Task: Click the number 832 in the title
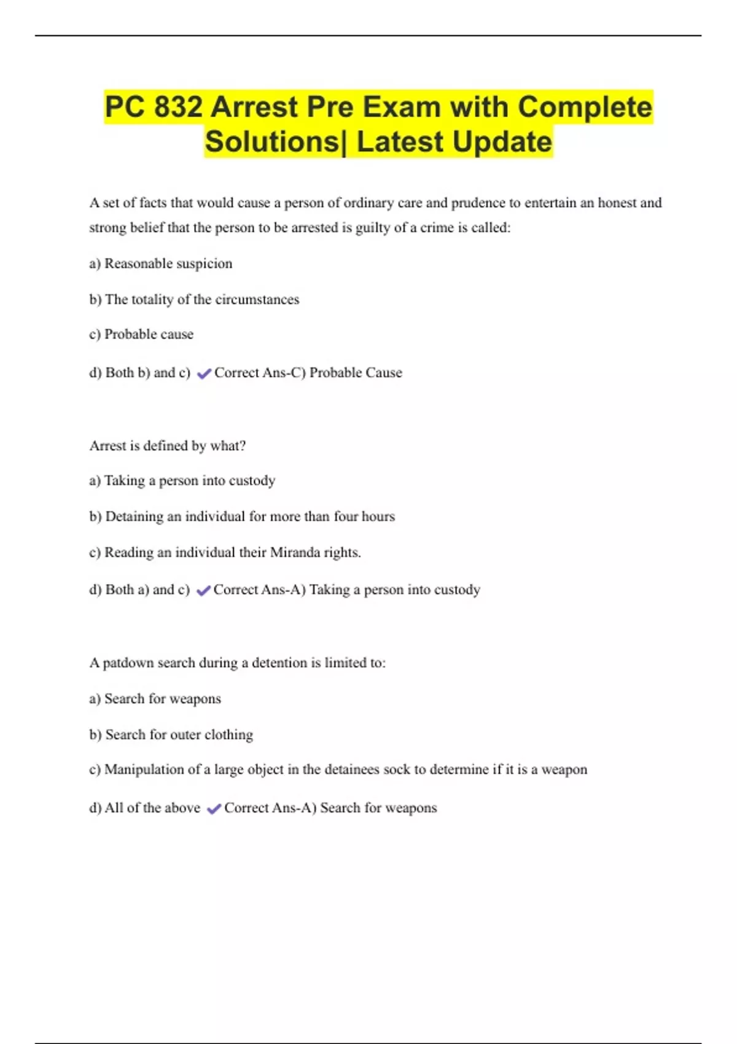point(178,107)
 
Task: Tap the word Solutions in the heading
point(272,142)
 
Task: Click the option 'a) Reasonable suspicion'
point(161,263)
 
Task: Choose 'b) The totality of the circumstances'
point(194,300)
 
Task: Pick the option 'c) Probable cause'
point(141,334)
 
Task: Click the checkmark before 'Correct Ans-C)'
point(204,373)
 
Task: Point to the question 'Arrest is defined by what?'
point(167,446)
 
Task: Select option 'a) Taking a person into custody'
point(182,480)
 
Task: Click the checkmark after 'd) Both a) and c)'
point(203,591)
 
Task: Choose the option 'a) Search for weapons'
point(155,699)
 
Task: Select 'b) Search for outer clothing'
point(171,734)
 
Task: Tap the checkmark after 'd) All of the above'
point(214,809)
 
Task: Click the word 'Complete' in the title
point(585,107)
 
